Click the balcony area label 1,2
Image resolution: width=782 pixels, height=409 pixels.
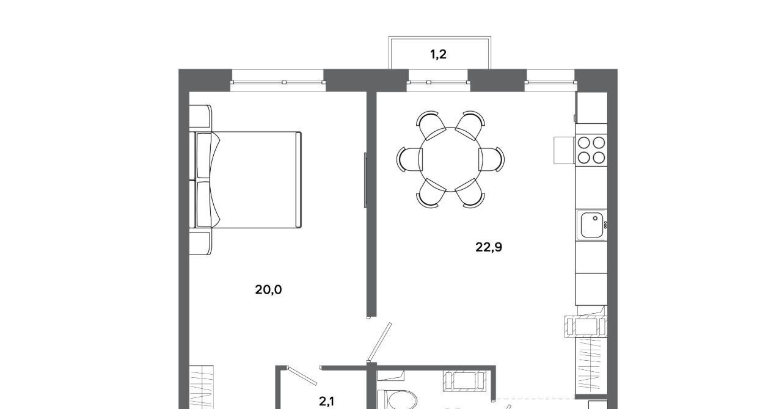point(438,54)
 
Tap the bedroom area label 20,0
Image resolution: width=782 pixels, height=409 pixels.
point(268,289)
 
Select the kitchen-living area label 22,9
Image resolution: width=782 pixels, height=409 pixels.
point(489,247)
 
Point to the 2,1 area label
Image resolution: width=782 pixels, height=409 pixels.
point(326,402)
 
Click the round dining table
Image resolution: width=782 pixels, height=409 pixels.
point(450,159)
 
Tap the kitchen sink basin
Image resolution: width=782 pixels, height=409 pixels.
point(592,225)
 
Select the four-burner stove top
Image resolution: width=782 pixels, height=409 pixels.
point(591,150)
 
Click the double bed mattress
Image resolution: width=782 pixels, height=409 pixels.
point(256,179)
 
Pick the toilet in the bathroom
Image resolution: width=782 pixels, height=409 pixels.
point(398,400)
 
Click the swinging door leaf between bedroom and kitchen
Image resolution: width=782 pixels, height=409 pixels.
point(379,342)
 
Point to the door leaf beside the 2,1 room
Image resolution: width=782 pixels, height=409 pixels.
point(302,375)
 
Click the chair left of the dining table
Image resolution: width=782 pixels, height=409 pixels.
point(409,159)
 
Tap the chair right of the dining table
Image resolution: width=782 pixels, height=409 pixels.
point(491,159)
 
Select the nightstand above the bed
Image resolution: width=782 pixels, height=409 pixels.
point(200,117)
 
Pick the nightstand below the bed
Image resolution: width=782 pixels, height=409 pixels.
point(200,243)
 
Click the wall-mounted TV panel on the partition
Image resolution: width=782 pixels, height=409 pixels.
point(365,180)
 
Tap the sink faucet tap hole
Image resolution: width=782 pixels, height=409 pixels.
point(595,219)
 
